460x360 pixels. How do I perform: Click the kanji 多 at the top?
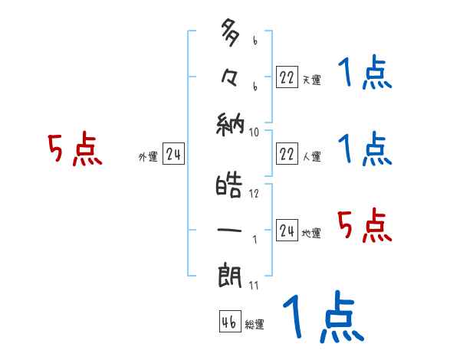[230, 34]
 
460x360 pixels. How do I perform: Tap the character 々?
[231, 78]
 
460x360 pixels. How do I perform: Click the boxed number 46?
[228, 322]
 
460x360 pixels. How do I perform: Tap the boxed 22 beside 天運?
[286, 77]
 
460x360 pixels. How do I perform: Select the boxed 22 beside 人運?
[286, 154]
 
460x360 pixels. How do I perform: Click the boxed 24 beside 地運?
[286, 231]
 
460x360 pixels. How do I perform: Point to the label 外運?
[147, 157]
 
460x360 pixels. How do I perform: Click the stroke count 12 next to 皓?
[254, 194]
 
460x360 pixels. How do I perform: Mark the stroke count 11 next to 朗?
[254, 286]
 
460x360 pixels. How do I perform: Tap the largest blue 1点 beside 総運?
[322, 316]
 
